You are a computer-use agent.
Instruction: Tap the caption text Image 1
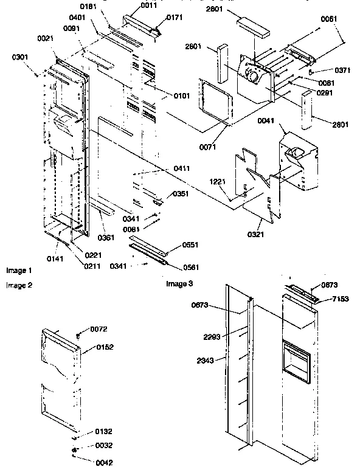[x=19, y=269]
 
